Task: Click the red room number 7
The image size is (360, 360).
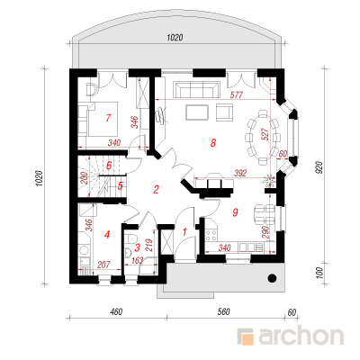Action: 108,118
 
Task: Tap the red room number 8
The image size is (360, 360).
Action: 213,143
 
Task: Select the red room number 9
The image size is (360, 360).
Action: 235,212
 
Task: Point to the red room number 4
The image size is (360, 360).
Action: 107,235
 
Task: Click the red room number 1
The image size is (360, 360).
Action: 184,231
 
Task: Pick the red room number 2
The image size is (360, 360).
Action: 156,190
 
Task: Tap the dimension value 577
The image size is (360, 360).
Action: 236,95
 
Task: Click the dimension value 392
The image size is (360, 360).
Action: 240,173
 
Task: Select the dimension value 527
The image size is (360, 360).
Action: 265,135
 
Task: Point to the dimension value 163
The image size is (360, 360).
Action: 137,260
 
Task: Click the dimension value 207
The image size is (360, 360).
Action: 103,265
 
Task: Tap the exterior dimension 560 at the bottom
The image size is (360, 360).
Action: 224,311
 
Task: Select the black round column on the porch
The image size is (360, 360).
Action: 272,278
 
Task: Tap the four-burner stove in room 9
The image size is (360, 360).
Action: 211,235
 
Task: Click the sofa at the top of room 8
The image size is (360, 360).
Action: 196,90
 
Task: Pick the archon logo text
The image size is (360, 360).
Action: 301,337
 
